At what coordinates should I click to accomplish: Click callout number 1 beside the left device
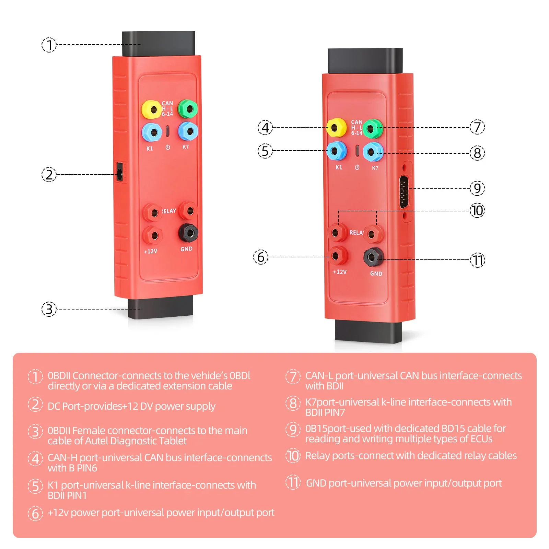(49, 45)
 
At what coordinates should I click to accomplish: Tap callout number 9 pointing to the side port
(477, 188)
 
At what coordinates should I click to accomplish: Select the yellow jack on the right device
(336, 128)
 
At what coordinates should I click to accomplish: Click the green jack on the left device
(188, 109)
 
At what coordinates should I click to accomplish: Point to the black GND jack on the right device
(373, 257)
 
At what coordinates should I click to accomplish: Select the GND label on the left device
(186, 249)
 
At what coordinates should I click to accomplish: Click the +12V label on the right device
(340, 272)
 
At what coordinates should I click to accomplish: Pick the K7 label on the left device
(186, 147)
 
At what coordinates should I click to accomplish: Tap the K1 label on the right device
(339, 167)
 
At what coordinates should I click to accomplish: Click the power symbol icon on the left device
(168, 148)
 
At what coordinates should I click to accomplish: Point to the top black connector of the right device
(365, 61)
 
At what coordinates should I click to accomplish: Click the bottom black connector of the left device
(161, 307)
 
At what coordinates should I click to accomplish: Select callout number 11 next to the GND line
(477, 260)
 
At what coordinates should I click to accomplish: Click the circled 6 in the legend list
(35, 513)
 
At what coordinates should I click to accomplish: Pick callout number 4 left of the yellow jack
(265, 128)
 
